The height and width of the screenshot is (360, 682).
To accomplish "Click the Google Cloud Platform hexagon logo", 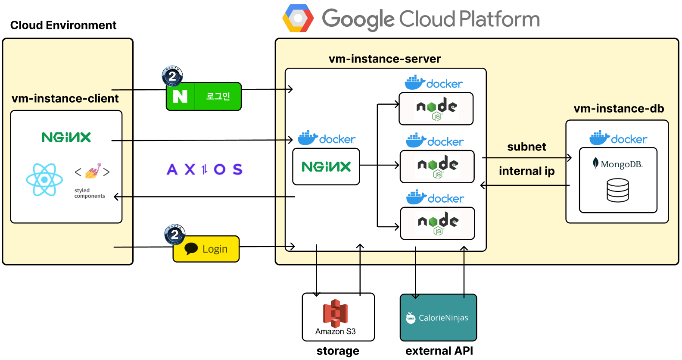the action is point(298,18).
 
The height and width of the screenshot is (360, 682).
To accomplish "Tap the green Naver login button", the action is point(204,97).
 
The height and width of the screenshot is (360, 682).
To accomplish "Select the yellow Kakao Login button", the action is point(206,249).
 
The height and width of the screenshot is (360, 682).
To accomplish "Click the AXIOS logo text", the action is point(205,169).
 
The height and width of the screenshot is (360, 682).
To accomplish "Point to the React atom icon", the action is point(44,179).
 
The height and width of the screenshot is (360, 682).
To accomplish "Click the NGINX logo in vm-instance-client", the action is point(66,138).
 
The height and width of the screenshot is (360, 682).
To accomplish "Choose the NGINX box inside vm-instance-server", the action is point(326,166).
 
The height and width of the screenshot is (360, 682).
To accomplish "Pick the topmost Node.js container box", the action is point(436,109).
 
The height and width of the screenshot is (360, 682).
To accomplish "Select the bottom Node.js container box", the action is point(437,223).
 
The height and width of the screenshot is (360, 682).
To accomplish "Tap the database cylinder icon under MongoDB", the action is point(618,191).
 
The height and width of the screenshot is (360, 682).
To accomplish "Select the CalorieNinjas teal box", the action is point(439,317).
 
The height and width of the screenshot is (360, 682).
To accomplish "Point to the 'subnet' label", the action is point(527,147).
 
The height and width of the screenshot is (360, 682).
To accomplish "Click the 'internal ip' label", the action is point(527,171).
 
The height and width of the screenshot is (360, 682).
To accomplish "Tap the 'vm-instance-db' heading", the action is point(619,108).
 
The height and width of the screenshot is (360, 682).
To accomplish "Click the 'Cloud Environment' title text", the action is point(63,25).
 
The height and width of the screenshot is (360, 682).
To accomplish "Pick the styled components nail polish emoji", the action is point(93,171).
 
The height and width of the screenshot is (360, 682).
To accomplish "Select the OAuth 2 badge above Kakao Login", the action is point(174,235).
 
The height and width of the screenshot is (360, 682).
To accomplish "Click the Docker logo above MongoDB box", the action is point(618,138).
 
